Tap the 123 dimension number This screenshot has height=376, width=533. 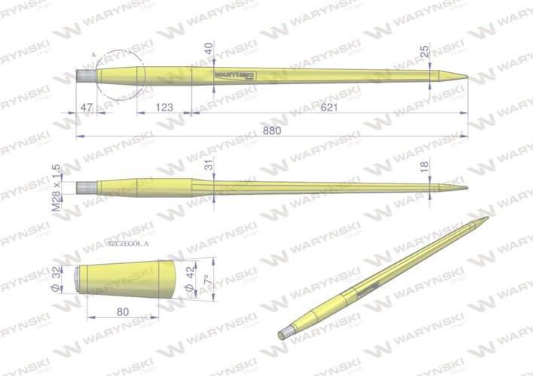coord(163,108)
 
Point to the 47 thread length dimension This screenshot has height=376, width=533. coord(87,108)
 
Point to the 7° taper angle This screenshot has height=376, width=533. coord(205,280)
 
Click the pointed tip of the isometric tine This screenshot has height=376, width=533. coord(488,218)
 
